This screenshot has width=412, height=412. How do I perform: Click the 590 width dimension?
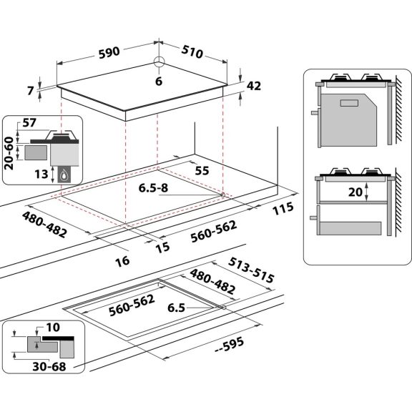[110, 52]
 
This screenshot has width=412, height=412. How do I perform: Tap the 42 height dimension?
[253, 86]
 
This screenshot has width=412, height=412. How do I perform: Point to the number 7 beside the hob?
[30, 91]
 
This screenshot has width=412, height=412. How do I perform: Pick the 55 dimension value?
[202, 172]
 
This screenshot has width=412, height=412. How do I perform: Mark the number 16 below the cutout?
[122, 261]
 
